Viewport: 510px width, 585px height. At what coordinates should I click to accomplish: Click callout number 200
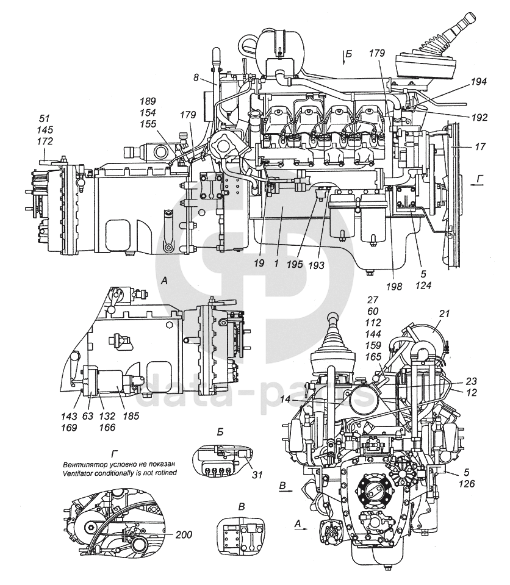(184, 535)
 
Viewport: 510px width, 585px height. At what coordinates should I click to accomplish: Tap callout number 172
(45, 142)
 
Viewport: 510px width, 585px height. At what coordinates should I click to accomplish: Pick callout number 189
(148, 101)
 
